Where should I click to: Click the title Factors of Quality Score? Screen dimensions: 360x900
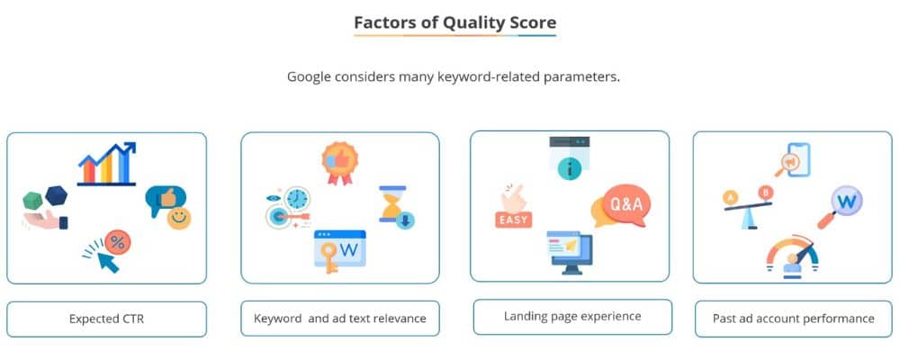pos(454,22)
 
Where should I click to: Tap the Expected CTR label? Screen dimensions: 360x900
pos(106,319)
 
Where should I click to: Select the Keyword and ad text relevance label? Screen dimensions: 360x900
pos(340,318)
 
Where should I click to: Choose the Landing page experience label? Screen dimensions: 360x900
pos(572,316)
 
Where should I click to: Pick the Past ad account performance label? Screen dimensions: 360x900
pos(793,318)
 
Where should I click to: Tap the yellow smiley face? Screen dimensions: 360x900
pos(179,218)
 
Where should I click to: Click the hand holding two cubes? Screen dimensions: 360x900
pos(45,208)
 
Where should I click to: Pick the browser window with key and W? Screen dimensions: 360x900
pos(339,248)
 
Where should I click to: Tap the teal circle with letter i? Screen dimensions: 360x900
pos(568,167)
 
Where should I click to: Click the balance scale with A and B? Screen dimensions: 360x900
pos(749,202)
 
